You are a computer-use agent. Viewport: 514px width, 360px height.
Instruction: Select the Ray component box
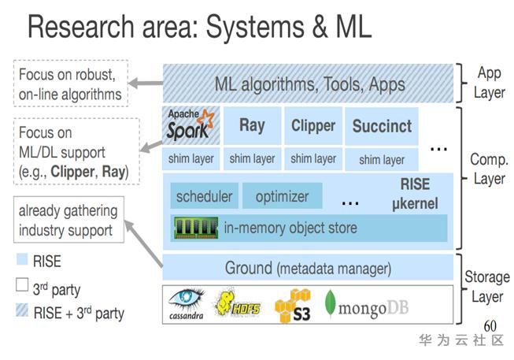point(252,125)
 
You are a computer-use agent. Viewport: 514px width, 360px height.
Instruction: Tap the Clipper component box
point(313,125)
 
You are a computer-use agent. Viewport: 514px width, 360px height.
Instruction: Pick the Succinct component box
point(381,126)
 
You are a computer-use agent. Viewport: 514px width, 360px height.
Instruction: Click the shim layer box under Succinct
point(381,160)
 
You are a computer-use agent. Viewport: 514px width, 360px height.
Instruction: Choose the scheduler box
point(204,196)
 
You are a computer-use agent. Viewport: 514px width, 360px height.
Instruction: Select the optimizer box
point(282,196)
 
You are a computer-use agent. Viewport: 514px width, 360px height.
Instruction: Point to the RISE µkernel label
point(414,195)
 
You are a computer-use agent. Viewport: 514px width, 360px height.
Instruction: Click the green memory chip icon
point(197,228)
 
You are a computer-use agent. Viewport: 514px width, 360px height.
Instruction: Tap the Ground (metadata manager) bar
point(308,268)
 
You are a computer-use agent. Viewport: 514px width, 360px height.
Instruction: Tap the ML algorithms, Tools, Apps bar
point(309,84)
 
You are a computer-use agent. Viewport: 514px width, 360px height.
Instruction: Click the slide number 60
point(490,325)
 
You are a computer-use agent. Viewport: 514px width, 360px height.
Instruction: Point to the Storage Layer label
point(486,286)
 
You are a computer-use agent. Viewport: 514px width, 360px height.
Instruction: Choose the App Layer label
point(488,83)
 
